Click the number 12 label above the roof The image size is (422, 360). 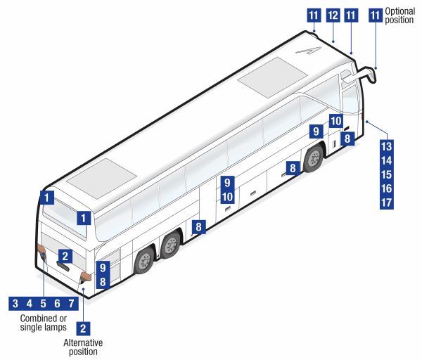333,14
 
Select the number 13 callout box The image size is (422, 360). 385,146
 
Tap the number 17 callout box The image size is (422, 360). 385,202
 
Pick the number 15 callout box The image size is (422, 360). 385,174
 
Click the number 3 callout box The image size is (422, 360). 13,304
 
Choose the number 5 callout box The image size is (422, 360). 43,304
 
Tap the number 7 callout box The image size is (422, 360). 72,304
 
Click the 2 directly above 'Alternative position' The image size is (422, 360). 83,327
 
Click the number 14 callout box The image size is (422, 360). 385,160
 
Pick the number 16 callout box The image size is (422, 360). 385,188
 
